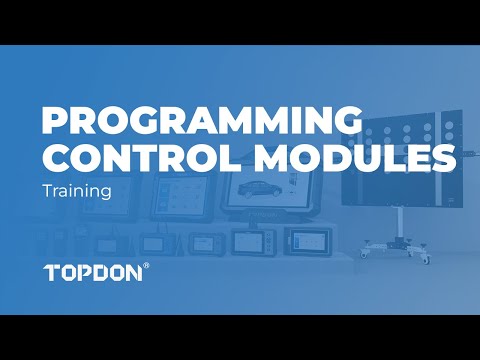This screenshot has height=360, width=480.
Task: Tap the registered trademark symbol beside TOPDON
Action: (x=147, y=265)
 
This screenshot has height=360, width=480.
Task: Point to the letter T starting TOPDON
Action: (x=52, y=272)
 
